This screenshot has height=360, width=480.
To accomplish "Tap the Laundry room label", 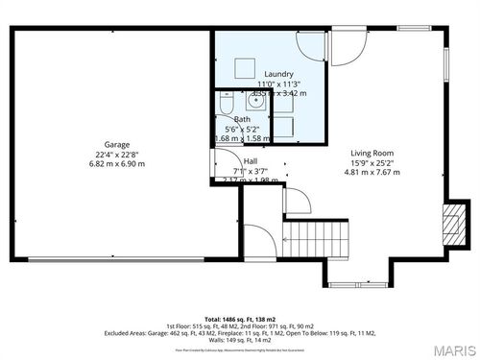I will coord(278,74).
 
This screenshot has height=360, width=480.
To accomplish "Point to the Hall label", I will coord(250,160).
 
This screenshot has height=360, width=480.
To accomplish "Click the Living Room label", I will coord(373,152).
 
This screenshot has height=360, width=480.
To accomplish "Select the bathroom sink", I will coord(256,101).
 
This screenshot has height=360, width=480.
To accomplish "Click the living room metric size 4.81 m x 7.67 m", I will coord(373,173).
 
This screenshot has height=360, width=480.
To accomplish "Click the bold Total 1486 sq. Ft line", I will coord(239,318).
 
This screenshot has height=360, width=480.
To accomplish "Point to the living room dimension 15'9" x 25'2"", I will coord(373,162).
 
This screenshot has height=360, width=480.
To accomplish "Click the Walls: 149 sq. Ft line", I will coord(239,341).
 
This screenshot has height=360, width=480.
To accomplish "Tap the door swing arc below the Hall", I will coord(298,201).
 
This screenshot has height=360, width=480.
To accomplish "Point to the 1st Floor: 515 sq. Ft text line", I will coord(239,325).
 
